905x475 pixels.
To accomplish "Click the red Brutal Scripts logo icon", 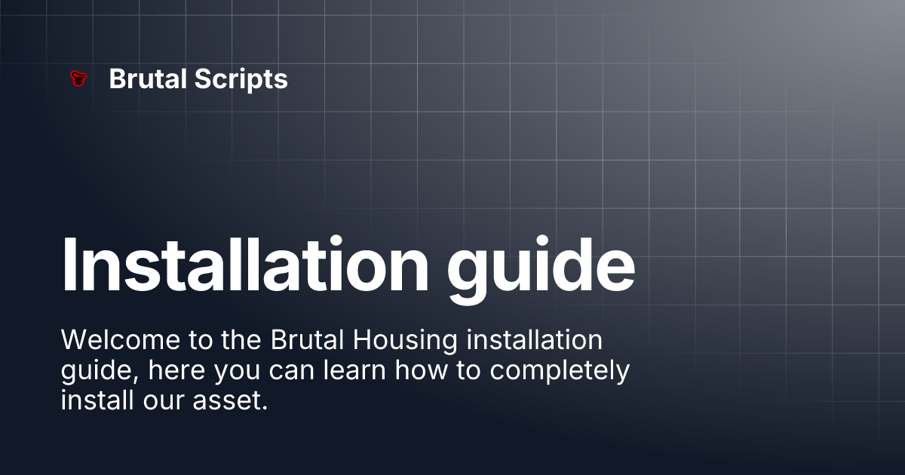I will pos(77,78).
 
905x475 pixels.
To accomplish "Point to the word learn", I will pos(351,370).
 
